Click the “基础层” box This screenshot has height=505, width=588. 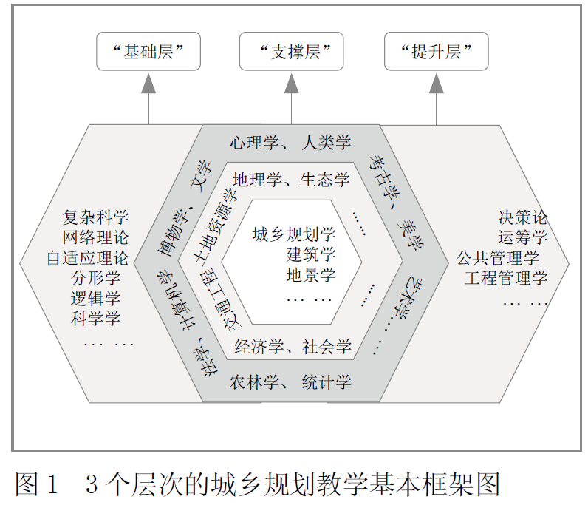(x=148, y=52)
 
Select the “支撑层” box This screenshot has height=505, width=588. (x=291, y=52)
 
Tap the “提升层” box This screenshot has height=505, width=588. (x=436, y=52)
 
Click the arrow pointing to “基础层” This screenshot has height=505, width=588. (x=148, y=96)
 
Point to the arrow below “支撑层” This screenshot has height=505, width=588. (x=291, y=96)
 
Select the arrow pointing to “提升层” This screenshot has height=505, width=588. (x=436, y=96)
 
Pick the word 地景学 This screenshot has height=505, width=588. (x=311, y=276)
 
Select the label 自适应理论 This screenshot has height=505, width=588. (x=86, y=259)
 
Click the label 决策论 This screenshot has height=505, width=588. (x=522, y=217)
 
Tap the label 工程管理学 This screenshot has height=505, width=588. (x=506, y=279)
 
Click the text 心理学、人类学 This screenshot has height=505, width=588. (x=290, y=143)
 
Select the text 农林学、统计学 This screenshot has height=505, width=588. (x=290, y=383)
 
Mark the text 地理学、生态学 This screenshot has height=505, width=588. (x=290, y=180)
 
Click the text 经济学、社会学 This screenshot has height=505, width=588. (x=293, y=346)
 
